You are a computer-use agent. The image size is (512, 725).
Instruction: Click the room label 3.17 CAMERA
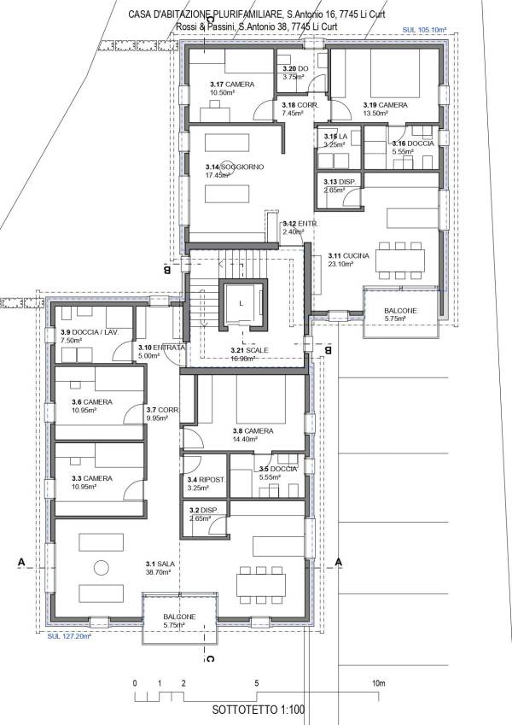(226, 84)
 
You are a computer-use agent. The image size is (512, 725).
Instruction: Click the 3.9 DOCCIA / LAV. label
(88, 331)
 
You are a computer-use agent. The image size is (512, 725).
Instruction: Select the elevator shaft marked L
(241, 303)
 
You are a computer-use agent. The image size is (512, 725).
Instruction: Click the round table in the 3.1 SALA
(102, 567)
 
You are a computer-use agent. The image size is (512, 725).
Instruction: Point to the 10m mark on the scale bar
(379, 684)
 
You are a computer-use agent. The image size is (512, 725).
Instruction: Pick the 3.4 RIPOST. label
(207, 480)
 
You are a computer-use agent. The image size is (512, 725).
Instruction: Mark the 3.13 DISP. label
(340, 182)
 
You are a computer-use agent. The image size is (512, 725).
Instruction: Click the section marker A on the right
(339, 562)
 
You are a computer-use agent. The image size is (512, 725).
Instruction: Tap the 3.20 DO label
(295, 68)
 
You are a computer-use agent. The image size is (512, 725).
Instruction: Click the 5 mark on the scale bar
(257, 684)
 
